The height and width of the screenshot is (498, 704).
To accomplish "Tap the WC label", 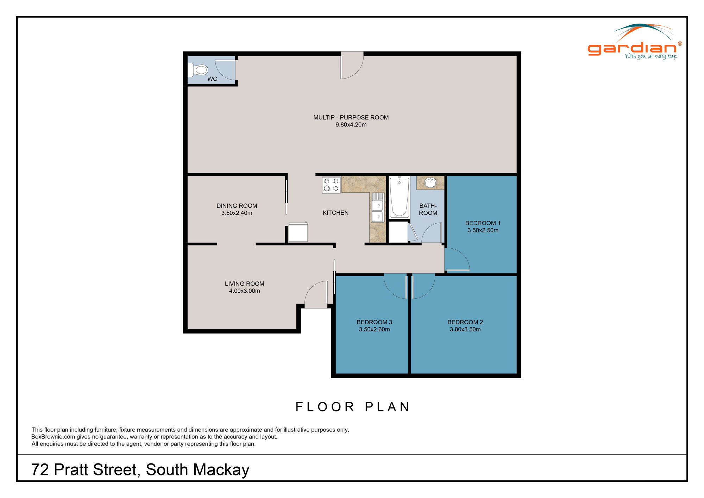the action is [212, 79].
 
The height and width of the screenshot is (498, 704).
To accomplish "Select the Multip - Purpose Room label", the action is [351, 117].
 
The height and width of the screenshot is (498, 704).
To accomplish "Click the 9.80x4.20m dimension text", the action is [351, 125].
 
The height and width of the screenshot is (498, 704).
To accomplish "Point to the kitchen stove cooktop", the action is [331, 185].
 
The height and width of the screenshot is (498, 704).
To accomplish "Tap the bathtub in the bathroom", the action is [399, 197].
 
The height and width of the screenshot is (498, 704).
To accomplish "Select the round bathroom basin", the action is [430, 182].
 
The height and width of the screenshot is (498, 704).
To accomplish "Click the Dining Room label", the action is [237, 206].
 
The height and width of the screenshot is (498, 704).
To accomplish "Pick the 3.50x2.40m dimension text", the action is [237, 213].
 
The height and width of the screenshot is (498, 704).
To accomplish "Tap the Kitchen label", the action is [335, 213].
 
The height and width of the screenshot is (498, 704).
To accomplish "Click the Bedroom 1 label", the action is [483, 223].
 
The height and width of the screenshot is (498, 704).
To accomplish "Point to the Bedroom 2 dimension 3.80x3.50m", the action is [465, 330].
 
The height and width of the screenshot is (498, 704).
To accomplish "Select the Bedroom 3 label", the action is [374, 322].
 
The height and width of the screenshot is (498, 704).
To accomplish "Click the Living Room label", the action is [245, 284].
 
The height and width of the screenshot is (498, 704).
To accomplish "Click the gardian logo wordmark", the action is [632, 49].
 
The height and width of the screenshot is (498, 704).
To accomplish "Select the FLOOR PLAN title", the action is [353, 407].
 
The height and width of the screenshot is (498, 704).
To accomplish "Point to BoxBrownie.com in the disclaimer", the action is [53, 437].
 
